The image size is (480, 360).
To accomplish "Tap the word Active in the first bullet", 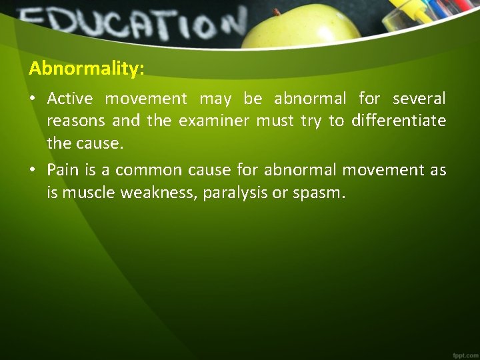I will [x=71, y=99].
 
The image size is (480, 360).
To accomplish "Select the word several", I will [x=419, y=99].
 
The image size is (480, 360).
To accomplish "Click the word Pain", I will [x=63, y=169].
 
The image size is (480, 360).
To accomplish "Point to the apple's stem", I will [x=275, y=12].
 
